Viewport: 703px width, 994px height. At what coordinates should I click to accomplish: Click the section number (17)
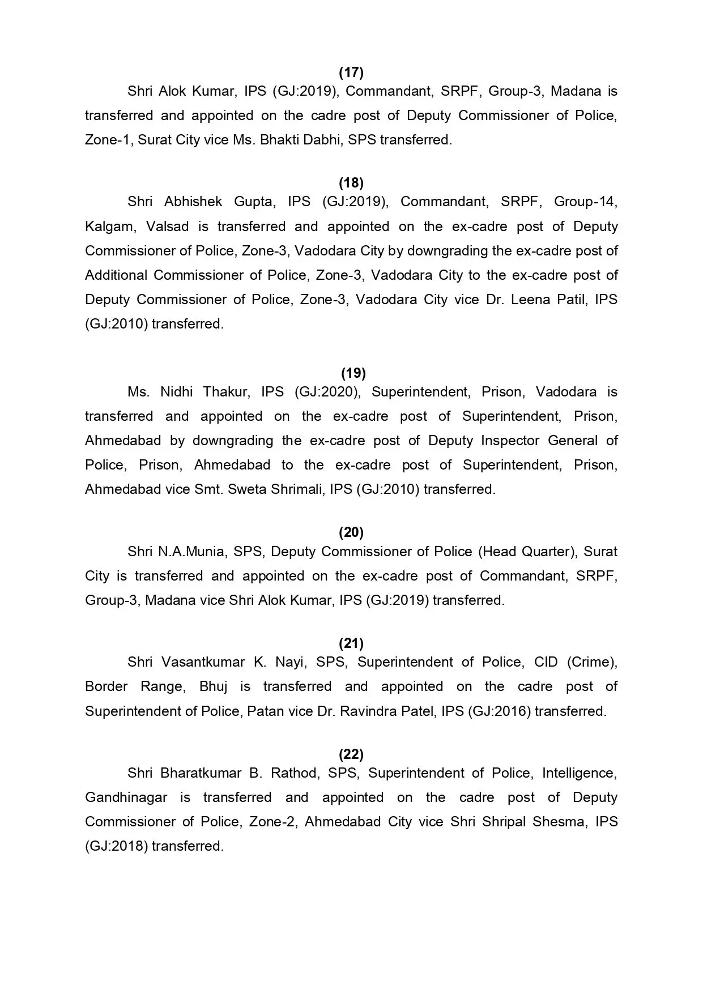(351, 72)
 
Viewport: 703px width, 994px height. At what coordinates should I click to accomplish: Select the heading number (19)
(353, 373)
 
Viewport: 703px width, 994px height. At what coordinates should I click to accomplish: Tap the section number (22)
(351, 754)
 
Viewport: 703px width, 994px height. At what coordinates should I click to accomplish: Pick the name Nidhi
(177, 392)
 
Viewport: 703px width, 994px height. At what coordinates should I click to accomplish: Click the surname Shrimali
(298, 489)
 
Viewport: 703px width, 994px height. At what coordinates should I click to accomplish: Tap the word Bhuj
(213, 686)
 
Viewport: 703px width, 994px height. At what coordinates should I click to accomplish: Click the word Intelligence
(579, 773)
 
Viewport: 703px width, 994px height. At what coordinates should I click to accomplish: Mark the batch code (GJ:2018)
(116, 846)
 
